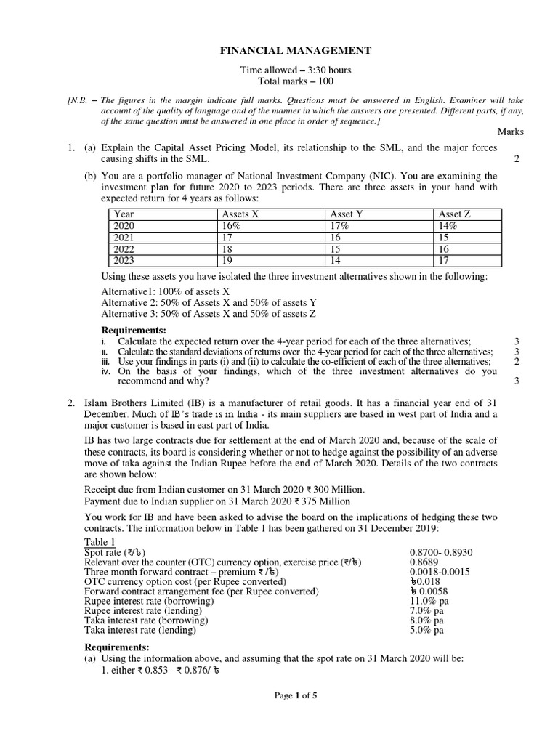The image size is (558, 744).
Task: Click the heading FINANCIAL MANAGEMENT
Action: pyautogui.click(x=286, y=51)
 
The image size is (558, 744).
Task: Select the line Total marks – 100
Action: pyautogui.click(x=286, y=81)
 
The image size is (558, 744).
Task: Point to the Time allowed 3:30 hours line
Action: pyautogui.click(x=286, y=70)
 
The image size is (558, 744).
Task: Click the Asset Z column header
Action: pyautogui.click(x=455, y=214)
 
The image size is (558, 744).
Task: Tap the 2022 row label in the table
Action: pyautogui.click(x=126, y=249)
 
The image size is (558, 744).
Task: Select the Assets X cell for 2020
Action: pyautogui.click(x=231, y=226)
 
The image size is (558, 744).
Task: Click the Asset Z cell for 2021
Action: pyautogui.click(x=445, y=238)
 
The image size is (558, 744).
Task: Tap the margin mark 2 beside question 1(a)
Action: pyautogui.click(x=516, y=159)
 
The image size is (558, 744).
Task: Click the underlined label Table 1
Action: pyautogui.click(x=100, y=543)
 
